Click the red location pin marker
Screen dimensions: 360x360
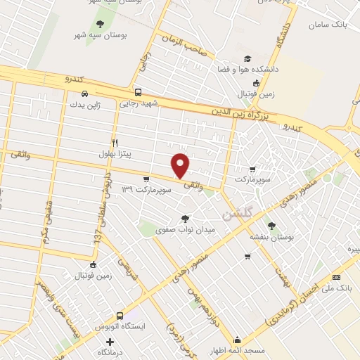pos(181,165)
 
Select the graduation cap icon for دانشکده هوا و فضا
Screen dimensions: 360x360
pos(247,59)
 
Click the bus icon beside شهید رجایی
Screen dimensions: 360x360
pos(138,92)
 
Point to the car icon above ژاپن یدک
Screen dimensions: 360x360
pos(84,94)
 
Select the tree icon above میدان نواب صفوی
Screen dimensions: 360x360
pos(185,219)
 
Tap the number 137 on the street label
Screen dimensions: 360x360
pos(96,237)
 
